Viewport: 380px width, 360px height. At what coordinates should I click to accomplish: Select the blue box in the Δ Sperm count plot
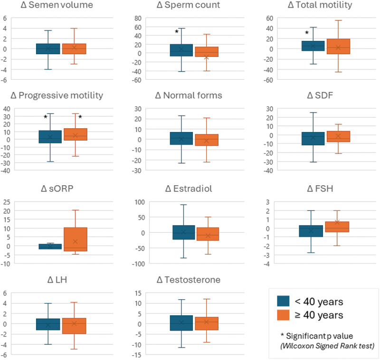click(181, 50)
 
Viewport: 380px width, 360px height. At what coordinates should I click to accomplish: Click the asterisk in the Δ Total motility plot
click(307, 33)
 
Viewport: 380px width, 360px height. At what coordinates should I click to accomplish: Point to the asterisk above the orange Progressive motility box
click(80, 117)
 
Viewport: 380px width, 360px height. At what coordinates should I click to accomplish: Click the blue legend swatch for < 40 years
click(284, 301)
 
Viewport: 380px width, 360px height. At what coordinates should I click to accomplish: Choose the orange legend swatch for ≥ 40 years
click(284, 315)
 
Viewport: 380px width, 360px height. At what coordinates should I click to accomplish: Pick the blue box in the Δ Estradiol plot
click(181, 232)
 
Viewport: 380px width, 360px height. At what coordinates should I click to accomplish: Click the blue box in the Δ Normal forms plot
click(181, 138)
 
